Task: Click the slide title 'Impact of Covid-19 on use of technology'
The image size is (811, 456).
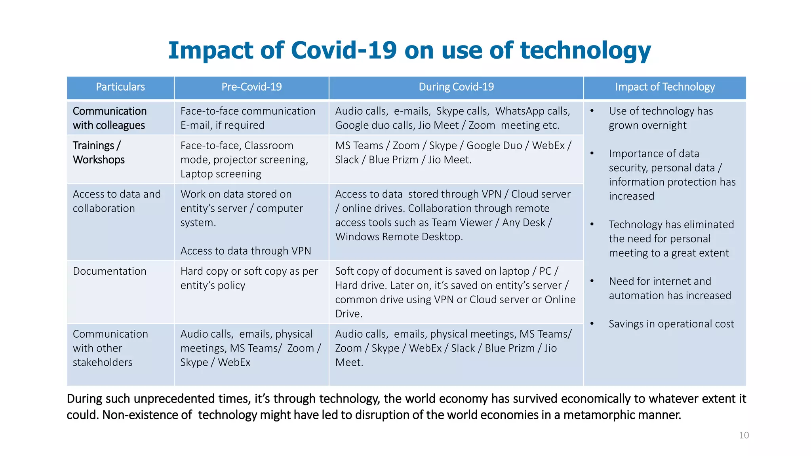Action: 409,50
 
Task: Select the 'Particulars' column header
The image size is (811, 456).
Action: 120,87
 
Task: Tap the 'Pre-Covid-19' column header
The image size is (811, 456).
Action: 251,87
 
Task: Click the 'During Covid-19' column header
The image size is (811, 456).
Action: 456,87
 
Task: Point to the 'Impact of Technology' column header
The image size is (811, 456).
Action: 665,87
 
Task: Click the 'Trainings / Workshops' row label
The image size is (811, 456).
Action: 99,152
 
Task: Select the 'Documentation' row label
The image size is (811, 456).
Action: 110,271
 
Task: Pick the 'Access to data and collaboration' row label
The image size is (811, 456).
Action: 116,201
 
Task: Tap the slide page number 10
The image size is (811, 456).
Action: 744,435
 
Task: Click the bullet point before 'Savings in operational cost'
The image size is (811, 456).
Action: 592,324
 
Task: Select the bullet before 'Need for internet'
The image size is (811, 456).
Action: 592,281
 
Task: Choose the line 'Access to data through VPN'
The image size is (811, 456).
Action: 246,251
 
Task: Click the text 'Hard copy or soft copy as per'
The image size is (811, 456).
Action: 249,271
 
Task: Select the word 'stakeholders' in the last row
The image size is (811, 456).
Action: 103,363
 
